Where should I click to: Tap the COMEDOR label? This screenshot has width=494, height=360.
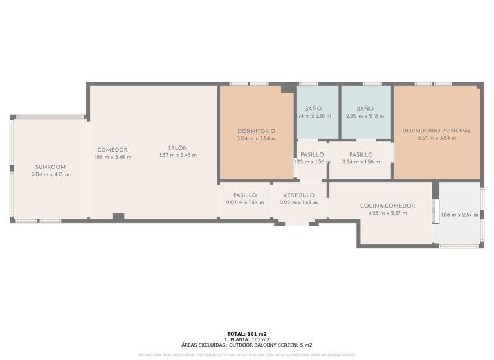click(112, 150)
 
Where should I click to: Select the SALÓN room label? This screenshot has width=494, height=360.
click(178, 148)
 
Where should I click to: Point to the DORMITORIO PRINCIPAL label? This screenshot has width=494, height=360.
click(436, 130)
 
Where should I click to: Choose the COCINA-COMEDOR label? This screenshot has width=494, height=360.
click(387, 206)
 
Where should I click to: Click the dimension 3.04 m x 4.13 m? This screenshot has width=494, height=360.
click(50, 174)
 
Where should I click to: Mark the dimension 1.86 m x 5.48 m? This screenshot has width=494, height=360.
click(112, 157)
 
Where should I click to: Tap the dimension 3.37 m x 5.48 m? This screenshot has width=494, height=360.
click(178, 155)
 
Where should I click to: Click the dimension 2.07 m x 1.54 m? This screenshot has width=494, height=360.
click(245, 203)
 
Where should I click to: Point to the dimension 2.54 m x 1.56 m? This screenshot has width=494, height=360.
click(361, 162)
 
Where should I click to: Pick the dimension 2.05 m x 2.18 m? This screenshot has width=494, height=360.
click(365, 116)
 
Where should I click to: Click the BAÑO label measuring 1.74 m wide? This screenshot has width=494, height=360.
click(313, 109)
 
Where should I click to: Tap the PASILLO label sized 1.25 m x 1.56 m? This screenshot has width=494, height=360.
click(312, 154)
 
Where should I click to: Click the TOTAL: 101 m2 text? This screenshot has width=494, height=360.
click(247, 334)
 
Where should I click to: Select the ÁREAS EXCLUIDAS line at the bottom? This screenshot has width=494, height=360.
click(247, 345)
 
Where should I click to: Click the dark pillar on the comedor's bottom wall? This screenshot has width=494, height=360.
click(118, 217)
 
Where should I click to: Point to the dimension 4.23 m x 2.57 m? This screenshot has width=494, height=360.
click(387, 213)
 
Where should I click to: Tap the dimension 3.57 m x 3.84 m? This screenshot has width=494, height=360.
click(436, 138)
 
